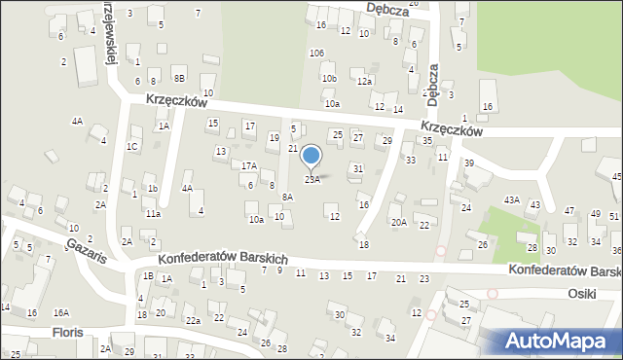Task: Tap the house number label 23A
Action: coord(311,179)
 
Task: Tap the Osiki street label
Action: coord(585,293)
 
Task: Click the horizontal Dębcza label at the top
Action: coord(386,7)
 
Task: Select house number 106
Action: coord(315,53)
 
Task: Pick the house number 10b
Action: coord(329,78)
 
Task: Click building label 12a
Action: coord(364,82)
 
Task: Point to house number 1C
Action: coord(131,146)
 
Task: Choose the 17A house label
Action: coord(249,166)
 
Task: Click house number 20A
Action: coord(398,222)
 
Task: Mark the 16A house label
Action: coord(60,312)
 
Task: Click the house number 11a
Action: coord(153,213)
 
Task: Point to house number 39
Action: coord(468,162)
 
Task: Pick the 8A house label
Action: coord(287,197)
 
